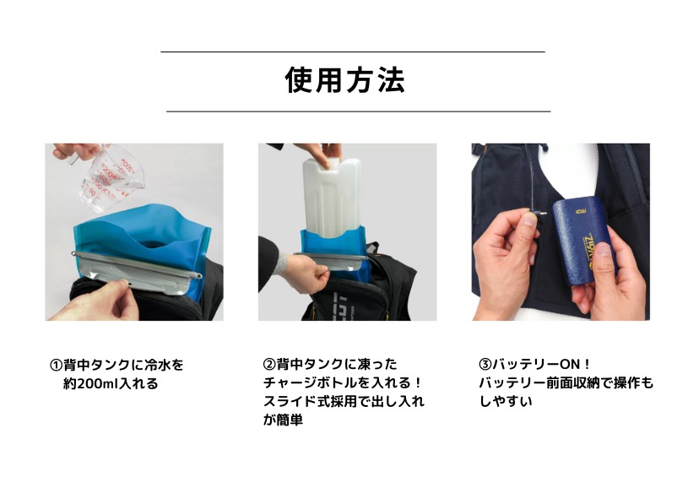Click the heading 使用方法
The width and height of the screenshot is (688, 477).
click(344, 81)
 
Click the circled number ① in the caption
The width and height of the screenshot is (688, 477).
click(57, 366)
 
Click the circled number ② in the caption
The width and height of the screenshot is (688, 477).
click(270, 366)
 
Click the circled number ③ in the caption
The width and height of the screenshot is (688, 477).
click(485, 366)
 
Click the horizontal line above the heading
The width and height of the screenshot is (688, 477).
click(352, 52)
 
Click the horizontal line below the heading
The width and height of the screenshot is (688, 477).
click(358, 111)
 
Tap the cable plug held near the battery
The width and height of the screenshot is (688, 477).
click(533, 214)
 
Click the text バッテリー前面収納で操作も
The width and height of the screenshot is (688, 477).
click(566, 384)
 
